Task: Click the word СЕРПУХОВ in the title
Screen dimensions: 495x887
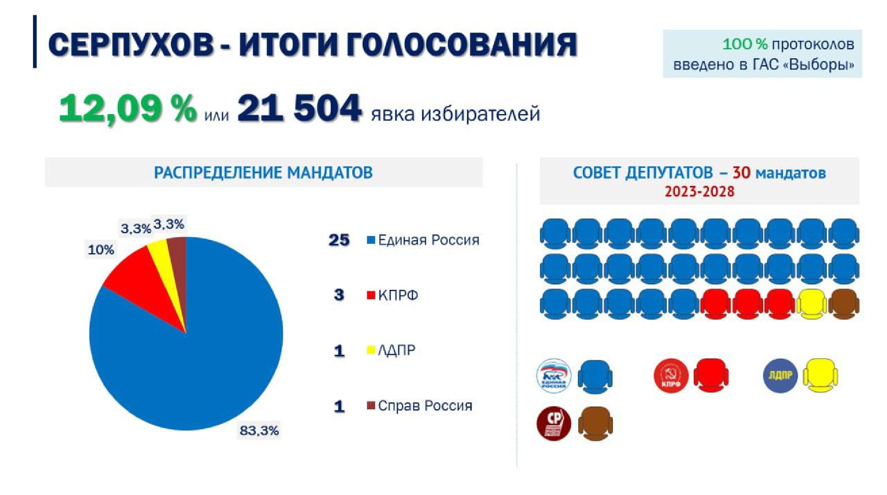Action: point(131,45)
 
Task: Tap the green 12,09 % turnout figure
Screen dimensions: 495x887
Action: point(127,109)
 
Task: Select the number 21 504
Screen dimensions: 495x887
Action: point(300,109)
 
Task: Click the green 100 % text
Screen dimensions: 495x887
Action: point(745,44)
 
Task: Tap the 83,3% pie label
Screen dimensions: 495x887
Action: point(259,430)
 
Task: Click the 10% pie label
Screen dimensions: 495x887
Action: point(101,250)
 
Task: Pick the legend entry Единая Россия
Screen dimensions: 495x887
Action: point(428,240)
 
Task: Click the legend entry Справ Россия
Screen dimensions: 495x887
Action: point(424,406)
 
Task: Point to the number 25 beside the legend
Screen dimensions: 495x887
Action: point(339,240)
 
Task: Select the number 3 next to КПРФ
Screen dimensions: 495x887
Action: point(339,295)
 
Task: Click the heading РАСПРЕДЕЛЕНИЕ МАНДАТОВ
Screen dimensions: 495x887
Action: point(263,173)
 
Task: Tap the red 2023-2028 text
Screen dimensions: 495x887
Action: point(699,192)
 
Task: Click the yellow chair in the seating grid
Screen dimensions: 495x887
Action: point(812,304)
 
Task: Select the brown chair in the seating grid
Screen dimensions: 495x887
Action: point(844,304)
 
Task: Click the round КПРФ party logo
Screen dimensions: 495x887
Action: point(671,376)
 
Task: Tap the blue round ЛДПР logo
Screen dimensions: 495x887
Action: point(780,376)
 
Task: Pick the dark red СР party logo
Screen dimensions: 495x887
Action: point(553,423)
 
